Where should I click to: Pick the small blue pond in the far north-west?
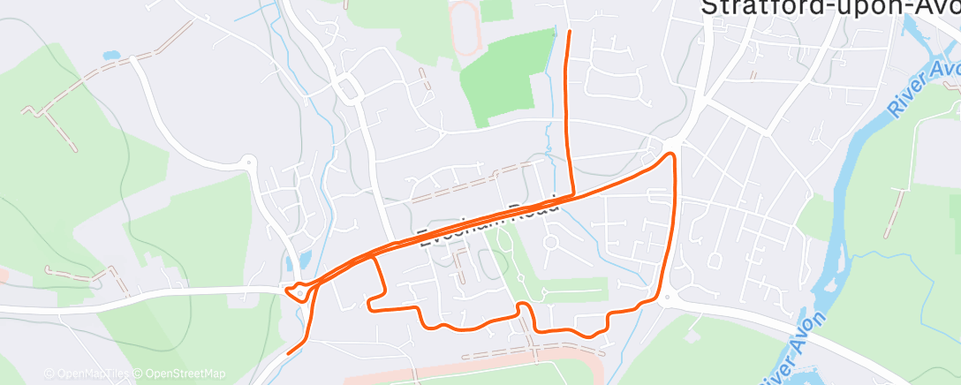pyautogui.click(x=111, y=56)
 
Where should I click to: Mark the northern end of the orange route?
pyautogui.click(x=568, y=33)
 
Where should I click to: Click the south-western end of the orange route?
pyautogui.click(x=290, y=353)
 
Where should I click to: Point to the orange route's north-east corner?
pyautogui.click(x=673, y=155)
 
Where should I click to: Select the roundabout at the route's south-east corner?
pyautogui.click(x=664, y=298)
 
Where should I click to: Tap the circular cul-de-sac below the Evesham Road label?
pyautogui.click(x=551, y=241)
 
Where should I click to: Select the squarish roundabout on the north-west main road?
pyautogui.click(x=347, y=87)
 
